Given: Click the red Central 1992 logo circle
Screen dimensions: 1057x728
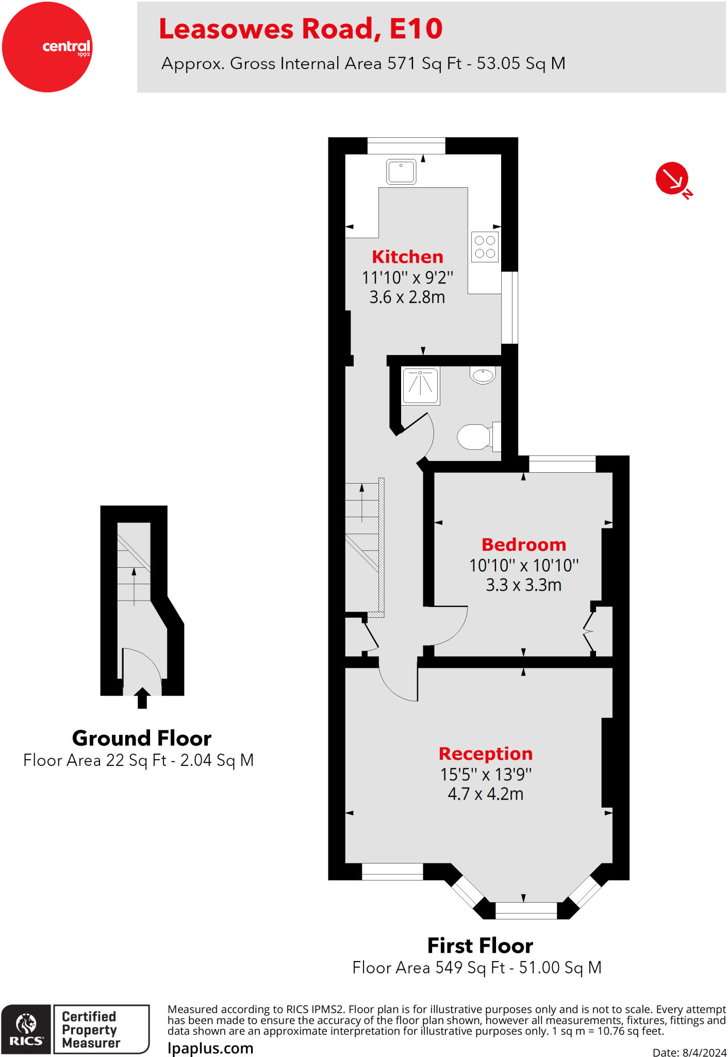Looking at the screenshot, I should (47, 47).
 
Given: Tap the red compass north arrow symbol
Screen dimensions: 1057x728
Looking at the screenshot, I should (672, 179).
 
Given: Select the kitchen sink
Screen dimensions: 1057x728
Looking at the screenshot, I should (401, 172).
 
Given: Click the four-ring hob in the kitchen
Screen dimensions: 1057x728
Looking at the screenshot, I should (485, 247).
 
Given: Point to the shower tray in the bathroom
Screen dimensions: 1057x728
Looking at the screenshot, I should (421, 386).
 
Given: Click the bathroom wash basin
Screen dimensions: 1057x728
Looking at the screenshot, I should (483, 375).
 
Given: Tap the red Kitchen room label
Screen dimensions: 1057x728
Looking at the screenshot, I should (407, 257).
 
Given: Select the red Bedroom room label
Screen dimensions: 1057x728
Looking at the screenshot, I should (523, 544).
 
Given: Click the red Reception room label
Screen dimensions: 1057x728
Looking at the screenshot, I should (485, 754).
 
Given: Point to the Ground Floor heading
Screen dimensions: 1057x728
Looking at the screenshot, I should (142, 738).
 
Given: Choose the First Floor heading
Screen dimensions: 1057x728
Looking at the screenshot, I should (480, 946).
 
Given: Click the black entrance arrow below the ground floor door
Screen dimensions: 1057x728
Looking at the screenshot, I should (142, 698).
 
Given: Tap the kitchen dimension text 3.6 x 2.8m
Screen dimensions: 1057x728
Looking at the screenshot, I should (407, 297).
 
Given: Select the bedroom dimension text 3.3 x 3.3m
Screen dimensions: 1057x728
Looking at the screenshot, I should (523, 585).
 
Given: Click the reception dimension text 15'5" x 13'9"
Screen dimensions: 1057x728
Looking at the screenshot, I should (485, 774).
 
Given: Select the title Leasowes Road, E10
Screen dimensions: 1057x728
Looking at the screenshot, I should (301, 29).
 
